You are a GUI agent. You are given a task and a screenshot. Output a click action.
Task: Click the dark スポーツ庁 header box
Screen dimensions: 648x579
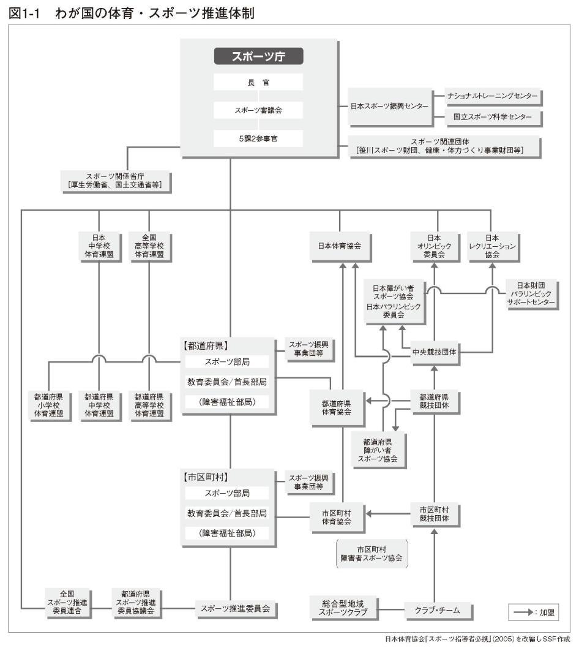(258, 56)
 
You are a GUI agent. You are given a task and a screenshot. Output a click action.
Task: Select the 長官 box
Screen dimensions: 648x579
(258, 82)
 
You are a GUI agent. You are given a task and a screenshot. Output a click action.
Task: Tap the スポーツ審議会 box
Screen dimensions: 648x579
(258, 110)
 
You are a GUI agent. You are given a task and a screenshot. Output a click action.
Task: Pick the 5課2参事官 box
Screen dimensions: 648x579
(258, 138)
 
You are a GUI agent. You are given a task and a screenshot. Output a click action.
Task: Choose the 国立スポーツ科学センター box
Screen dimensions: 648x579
(493, 116)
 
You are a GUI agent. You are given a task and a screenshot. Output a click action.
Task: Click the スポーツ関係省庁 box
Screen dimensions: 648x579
(115, 180)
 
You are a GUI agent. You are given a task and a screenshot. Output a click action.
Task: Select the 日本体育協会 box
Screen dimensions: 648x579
(339, 246)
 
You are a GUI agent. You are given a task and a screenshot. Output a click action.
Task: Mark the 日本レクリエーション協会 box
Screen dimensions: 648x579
(492, 246)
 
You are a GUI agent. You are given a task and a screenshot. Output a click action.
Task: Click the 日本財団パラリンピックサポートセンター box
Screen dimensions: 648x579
(531, 294)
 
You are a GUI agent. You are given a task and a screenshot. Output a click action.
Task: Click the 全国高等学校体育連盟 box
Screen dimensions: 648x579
(149, 246)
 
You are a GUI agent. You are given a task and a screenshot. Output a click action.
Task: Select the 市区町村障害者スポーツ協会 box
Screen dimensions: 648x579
(373, 554)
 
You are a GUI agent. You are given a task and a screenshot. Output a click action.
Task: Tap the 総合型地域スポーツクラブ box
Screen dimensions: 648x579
(343, 609)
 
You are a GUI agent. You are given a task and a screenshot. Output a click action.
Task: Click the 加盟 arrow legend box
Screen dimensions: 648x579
(532, 611)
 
